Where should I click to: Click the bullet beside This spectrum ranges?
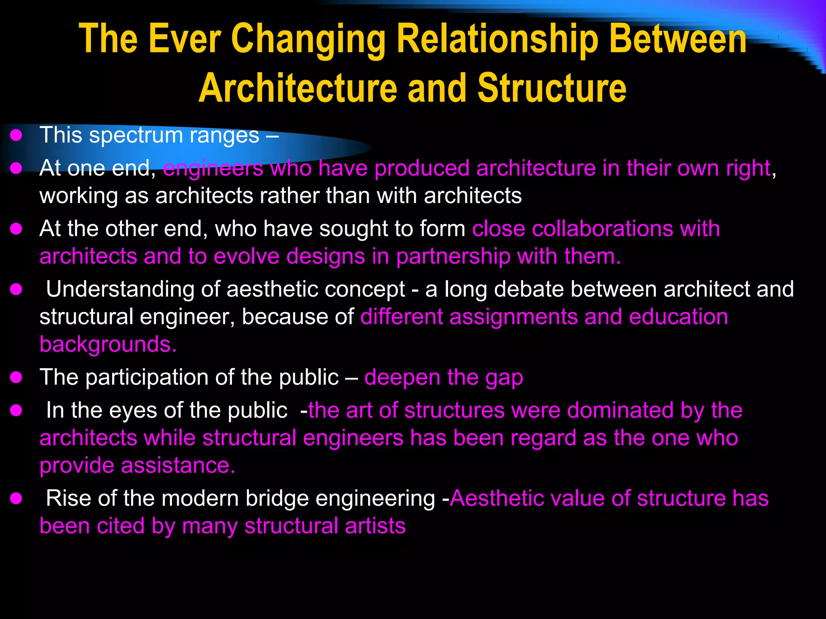click(16, 136)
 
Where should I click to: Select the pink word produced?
click(422, 168)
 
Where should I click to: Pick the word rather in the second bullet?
click(289, 196)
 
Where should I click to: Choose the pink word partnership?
click(453, 257)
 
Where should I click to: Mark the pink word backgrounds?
click(108, 345)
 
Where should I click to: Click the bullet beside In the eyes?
click(16, 411)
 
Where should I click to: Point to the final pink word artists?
click(375, 526)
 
